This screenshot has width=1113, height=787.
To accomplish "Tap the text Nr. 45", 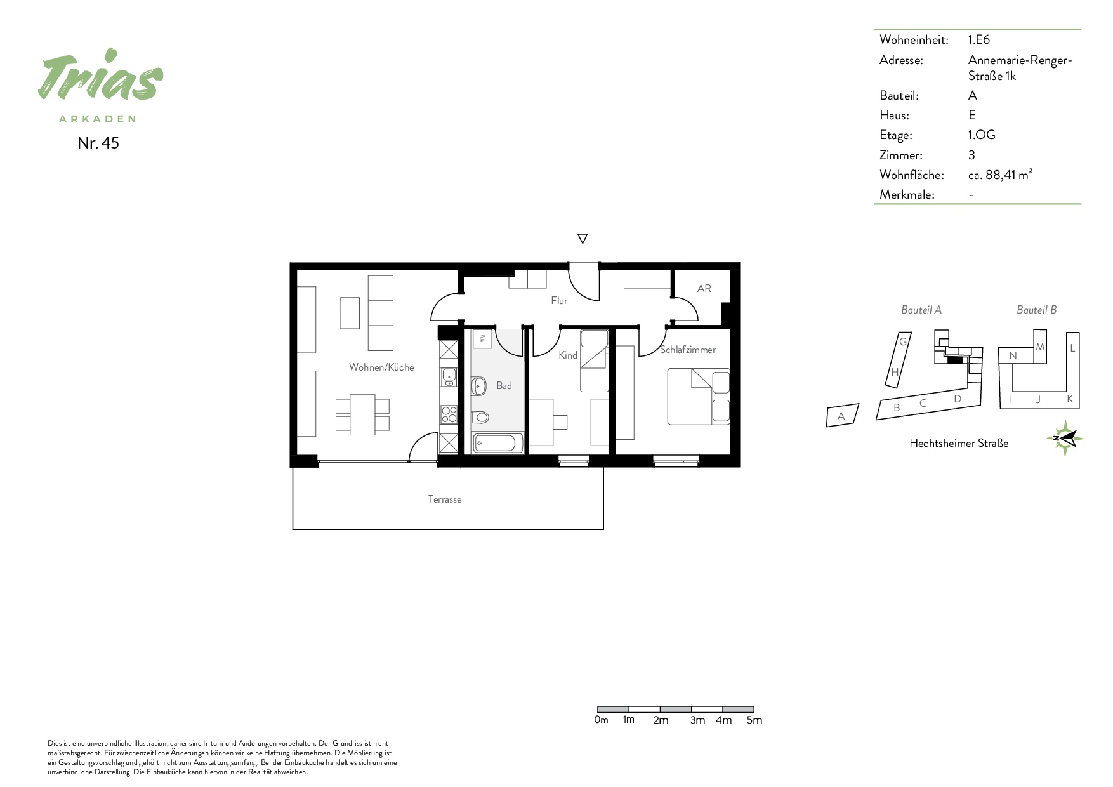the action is click(98, 143).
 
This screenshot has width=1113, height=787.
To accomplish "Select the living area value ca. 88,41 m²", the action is click(1000, 175).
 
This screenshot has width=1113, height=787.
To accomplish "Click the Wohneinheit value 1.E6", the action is click(979, 39).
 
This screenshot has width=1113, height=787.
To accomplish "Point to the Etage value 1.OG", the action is click(982, 135).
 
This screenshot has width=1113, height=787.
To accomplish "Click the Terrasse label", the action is click(445, 499).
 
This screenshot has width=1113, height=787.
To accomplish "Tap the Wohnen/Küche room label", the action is click(381, 367).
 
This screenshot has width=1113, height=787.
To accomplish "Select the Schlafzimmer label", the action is click(688, 350).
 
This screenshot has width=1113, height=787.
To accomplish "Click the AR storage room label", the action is click(704, 288).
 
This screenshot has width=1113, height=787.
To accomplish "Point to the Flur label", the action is click(559, 301).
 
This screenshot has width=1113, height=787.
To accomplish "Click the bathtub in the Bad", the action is click(498, 443).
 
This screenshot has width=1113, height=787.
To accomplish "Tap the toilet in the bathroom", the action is click(480, 417).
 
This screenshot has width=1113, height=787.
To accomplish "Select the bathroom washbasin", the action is click(479, 385).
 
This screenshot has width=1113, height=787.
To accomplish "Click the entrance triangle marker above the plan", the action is click(583, 239).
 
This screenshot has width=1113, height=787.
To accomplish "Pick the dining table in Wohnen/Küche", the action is click(362, 414).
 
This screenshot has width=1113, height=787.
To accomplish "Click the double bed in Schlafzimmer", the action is click(698, 397).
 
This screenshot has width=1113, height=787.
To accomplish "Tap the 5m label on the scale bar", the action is click(754, 720).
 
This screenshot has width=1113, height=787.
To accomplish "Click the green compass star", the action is click(1065, 438).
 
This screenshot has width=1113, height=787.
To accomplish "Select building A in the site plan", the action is click(842, 416).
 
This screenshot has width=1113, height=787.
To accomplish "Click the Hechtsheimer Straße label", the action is click(959, 443).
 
